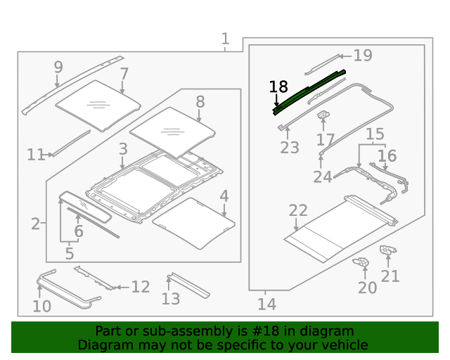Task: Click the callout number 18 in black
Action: (278, 87)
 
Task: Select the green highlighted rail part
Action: (309, 89)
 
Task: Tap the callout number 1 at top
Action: (225, 39)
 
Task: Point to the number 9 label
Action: (58, 67)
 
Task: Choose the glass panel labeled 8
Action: (172, 130)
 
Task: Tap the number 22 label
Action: (298, 211)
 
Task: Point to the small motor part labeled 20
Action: (363, 263)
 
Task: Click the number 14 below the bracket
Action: (266, 304)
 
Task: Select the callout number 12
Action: (141, 287)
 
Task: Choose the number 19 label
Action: (363, 56)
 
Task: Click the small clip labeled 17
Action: (324, 115)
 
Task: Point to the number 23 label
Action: (290, 148)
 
